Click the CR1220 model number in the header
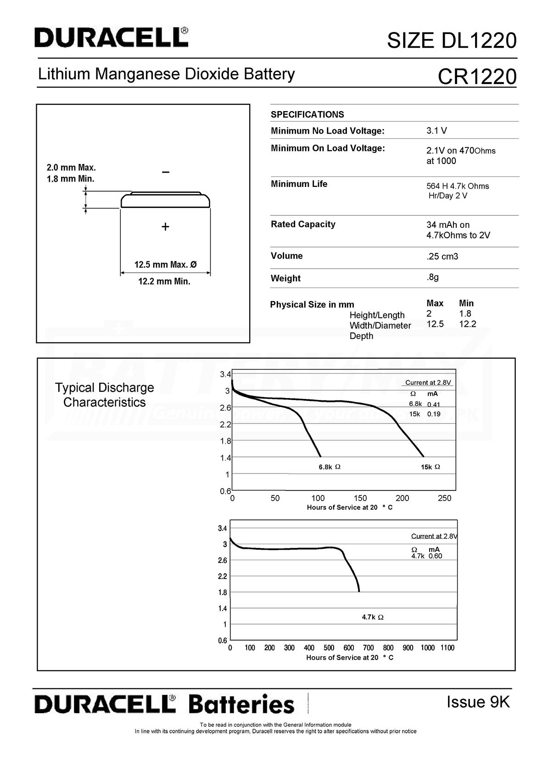pyautogui.click(x=477, y=76)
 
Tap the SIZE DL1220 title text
pyautogui.click(x=452, y=40)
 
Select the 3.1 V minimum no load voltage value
pyautogui.click(x=436, y=130)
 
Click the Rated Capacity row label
pyautogui.click(x=303, y=224)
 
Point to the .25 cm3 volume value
pyautogui.click(x=442, y=256)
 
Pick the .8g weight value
pyautogui.click(x=432, y=277)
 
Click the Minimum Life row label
pyautogui.click(x=299, y=184)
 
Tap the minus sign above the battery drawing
pyautogui.click(x=166, y=172)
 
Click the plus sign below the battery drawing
pyautogui.click(x=165, y=226)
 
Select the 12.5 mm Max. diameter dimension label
pyautogui.click(x=165, y=265)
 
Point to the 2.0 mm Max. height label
pyautogui.click(x=71, y=168)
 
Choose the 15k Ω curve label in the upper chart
pyautogui.click(x=431, y=467)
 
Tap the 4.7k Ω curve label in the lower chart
pyautogui.click(x=373, y=617)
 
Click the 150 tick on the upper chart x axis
pyautogui.click(x=360, y=498)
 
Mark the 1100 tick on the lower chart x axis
pyautogui.click(x=447, y=647)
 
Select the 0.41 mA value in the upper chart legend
pyautogui.click(x=434, y=405)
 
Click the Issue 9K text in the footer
pyautogui.click(x=478, y=702)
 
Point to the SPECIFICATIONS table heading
pyautogui.click(x=307, y=114)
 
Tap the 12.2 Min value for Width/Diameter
pyautogui.click(x=467, y=324)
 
